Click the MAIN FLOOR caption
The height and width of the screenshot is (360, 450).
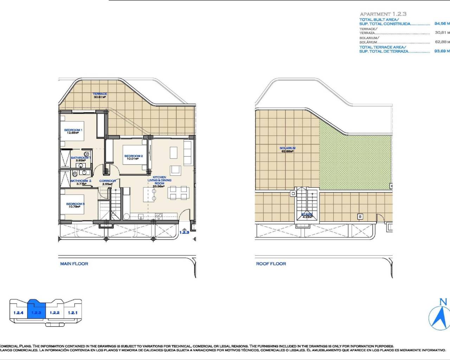pyautogui.click(x=74, y=264)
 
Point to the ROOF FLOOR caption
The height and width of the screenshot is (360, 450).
pyautogui.click(x=271, y=264)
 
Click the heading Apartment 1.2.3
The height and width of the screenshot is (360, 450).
pyautogui.click(x=383, y=14)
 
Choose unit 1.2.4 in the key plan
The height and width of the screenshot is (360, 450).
pyautogui.click(x=18, y=313)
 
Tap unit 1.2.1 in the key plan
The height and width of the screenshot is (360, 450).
pyautogui.click(x=73, y=313)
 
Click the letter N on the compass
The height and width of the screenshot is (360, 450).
pyautogui.click(x=443, y=302)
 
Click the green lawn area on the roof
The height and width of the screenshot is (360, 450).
pyautogui.click(x=355, y=158)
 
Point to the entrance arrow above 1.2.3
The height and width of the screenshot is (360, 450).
pyautogui.click(x=184, y=229)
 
